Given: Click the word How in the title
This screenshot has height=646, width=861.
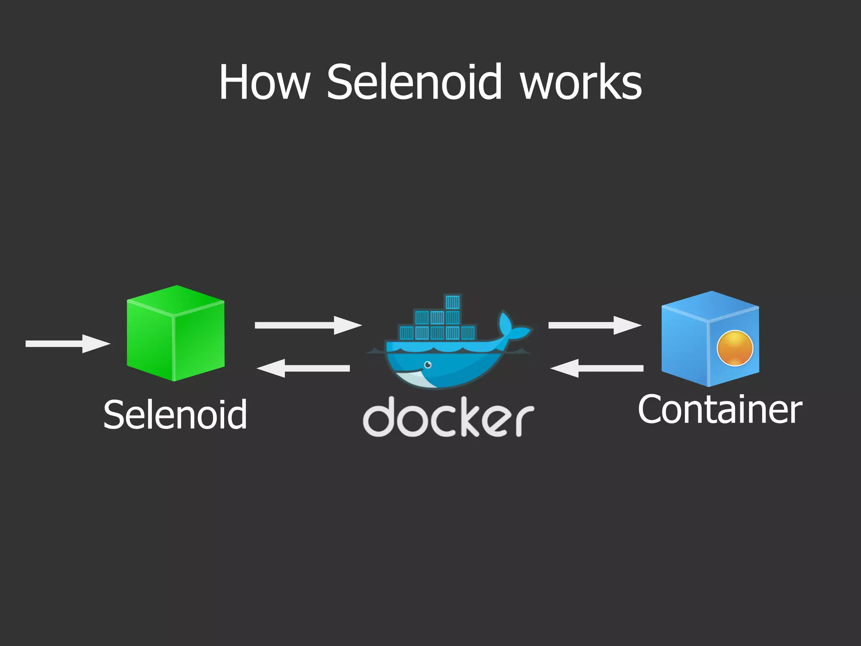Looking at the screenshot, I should pos(264,82).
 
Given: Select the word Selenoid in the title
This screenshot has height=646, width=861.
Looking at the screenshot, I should pos(414,82).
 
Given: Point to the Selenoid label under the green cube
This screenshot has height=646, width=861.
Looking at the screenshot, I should pos(175,415).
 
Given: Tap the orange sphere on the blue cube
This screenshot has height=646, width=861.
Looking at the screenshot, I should pos(734,348).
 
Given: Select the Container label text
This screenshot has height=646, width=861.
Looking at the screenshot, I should pos(720,410).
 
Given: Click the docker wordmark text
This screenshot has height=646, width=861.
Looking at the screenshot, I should pos(448,418).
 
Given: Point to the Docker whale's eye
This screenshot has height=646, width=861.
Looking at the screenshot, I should pos(428,364).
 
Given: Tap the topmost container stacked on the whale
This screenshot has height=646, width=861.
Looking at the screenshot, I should pos(453,302).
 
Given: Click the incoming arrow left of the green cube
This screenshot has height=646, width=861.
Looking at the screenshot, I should pos(67,344).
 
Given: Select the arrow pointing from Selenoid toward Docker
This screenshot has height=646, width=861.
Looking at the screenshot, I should pos(308,325).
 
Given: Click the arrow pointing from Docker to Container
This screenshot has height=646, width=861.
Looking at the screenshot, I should pos(594,325).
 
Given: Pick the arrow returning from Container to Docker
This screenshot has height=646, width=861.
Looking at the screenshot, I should pos(597,368).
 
